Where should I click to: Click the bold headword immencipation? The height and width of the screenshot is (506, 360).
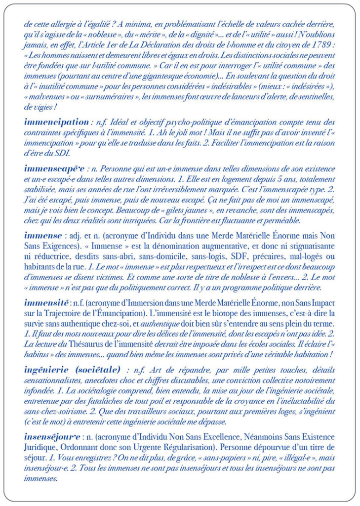point(55,122)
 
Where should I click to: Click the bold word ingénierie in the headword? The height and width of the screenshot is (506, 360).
point(48,369)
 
